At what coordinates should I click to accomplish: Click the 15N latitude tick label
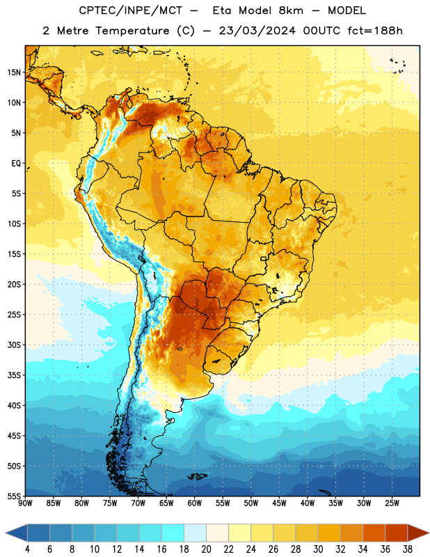(14, 72)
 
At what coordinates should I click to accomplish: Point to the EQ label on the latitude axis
(16, 164)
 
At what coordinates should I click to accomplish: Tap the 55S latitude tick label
(14, 496)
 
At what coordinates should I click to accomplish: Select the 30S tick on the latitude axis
(14, 345)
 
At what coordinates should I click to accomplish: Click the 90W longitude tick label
(25, 503)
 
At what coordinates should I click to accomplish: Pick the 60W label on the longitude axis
(195, 503)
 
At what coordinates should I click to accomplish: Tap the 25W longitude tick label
(392, 503)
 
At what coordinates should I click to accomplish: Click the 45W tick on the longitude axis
(279, 503)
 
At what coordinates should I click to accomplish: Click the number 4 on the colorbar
(27, 549)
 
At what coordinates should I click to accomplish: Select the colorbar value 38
(407, 549)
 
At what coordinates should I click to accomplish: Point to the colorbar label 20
(206, 549)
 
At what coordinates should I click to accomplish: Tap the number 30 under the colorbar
(318, 549)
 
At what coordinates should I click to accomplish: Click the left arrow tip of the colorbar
(6, 533)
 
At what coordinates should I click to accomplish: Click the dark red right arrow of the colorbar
(418, 533)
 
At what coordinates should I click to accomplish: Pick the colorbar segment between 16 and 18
(173, 533)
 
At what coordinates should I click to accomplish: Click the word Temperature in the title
(132, 31)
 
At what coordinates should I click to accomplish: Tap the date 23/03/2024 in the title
(257, 31)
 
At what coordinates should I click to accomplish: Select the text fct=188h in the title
(375, 31)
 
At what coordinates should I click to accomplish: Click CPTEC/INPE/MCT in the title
(130, 10)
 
